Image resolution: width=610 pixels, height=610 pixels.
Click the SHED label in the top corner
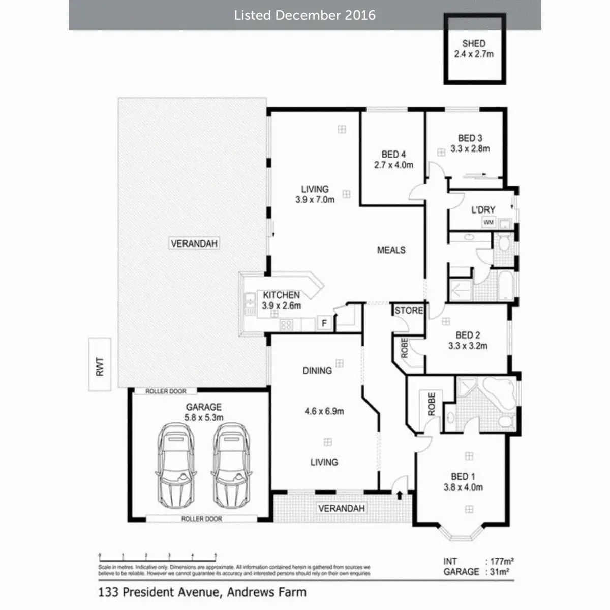point(474,44)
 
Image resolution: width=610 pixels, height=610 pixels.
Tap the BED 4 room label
point(393,154)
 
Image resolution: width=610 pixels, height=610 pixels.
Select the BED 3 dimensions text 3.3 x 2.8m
point(470,149)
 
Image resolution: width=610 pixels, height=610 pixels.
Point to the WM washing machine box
point(488,222)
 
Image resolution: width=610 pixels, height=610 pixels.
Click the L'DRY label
point(483,209)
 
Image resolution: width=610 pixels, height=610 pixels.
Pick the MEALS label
point(391,250)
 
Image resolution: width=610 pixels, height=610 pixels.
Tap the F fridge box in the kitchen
point(324,323)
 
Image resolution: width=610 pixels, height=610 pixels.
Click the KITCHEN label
point(281,295)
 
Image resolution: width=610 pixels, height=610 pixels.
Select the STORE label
point(409,310)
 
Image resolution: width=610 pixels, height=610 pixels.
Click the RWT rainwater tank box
point(100,364)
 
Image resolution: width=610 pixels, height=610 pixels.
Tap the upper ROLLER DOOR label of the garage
point(166,391)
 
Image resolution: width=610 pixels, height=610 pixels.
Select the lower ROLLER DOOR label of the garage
point(202,519)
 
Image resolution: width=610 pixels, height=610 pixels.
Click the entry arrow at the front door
point(399,493)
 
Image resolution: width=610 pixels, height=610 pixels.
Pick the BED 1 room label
point(463,476)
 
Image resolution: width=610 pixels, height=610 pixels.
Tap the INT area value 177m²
point(501,561)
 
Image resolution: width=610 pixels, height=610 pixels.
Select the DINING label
point(317,371)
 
